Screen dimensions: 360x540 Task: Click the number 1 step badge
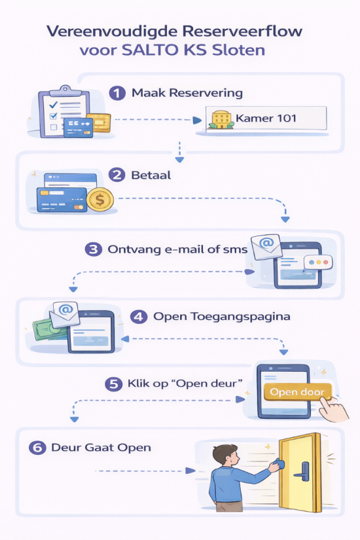[117, 93]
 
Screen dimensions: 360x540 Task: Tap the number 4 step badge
[139, 317]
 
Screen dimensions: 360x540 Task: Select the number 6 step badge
[37, 448]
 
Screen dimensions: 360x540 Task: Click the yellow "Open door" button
[297, 392]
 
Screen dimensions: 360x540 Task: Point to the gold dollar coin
[100, 200]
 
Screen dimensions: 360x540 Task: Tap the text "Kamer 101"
[266, 118]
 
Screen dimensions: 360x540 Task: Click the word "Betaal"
[151, 175]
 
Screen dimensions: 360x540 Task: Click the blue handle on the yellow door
[302, 471]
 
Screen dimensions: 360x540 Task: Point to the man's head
[225, 455]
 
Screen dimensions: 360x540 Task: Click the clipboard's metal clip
[65, 90]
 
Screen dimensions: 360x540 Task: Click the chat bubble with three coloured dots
[318, 263]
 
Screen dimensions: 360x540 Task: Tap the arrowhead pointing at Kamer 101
[197, 120]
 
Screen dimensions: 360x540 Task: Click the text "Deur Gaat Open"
[101, 447]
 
